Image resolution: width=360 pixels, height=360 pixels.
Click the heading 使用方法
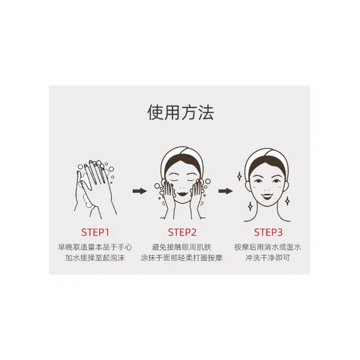(181, 112)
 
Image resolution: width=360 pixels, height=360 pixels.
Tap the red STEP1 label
(95, 232)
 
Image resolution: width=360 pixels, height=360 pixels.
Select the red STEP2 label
(182, 232)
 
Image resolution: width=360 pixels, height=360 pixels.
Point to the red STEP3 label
(268, 232)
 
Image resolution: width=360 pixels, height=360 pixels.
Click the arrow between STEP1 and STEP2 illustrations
(139, 191)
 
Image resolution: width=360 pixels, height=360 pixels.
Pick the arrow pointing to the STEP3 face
(226, 191)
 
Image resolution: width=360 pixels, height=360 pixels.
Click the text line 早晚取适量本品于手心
(95, 247)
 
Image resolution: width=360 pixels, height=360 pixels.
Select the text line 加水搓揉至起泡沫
(95, 258)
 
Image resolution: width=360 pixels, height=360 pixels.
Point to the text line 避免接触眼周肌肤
(182, 247)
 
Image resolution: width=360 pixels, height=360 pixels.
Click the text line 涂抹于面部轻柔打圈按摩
(182, 258)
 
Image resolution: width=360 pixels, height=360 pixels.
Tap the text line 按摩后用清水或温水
(268, 247)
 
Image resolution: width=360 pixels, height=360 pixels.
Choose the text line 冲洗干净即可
(268, 258)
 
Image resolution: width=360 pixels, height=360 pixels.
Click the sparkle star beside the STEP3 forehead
(240, 176)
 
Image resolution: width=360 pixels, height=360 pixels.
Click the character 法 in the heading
(206, 112)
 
